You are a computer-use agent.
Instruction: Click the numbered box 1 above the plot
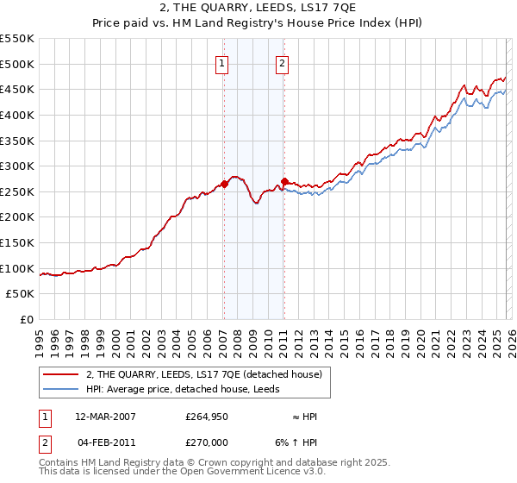(x=222, y=62)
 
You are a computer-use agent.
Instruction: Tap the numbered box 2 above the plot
(x=283, y=62)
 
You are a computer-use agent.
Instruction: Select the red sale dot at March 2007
(x=224, y=184)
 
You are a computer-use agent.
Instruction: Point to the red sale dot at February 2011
(x=283, y=181)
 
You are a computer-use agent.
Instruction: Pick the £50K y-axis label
(x=21, y=294)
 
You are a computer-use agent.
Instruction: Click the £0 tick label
(x=27, y=319)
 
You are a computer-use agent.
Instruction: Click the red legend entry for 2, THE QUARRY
(x=203, y=374)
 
